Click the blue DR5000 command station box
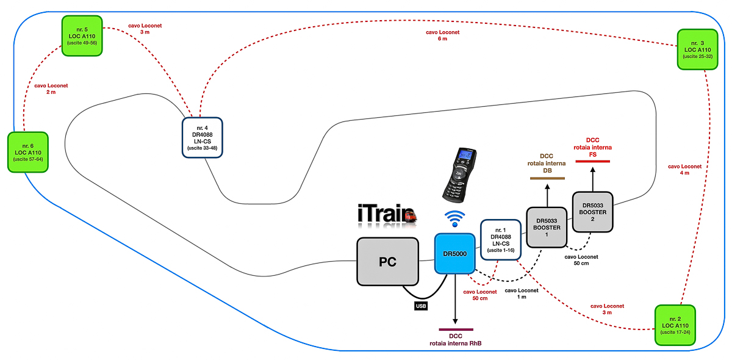tap(454, 253)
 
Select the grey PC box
tap(387, 262)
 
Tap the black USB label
tap(421, 305)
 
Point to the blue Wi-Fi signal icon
tap(454, 218)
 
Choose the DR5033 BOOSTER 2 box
tap(592, 211)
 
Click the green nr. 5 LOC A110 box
tap(82, 36)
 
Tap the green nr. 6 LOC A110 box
tap(27, 152)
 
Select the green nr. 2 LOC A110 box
tap(675, 325)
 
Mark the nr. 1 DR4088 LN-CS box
tap(500, 239)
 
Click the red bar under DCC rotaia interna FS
tap(591, 160)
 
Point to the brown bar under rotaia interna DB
tap(547, 178)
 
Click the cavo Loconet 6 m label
tap(442, 35)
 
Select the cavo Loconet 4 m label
tap(684, 169)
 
